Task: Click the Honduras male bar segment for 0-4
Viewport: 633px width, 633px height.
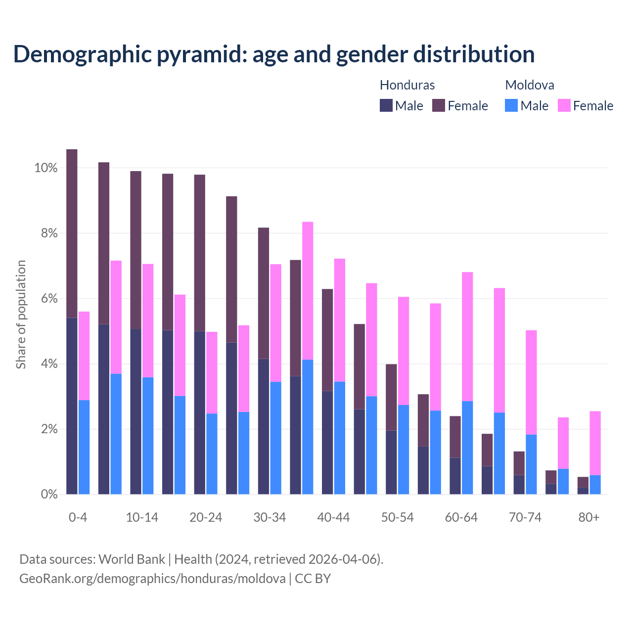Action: point(72,406)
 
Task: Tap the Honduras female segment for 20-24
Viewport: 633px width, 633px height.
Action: point(199,253)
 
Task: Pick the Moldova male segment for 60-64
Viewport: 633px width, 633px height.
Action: point(467,448)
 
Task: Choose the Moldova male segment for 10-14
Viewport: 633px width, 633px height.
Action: point(148,436)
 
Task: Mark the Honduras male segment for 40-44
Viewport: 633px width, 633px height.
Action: point(327,443)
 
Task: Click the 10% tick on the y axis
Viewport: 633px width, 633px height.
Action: point(45,168)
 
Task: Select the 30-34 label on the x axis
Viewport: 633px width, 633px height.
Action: point(270,518)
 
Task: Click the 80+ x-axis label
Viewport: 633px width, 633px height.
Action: point(589,518)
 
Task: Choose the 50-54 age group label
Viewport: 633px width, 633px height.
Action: point(397,518)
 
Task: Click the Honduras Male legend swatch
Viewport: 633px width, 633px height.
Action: point(386,105)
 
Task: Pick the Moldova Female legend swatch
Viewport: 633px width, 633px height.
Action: point(564,105)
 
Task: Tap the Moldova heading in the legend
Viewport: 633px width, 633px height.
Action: point(530,85)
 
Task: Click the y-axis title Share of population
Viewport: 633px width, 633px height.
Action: point(21,315)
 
